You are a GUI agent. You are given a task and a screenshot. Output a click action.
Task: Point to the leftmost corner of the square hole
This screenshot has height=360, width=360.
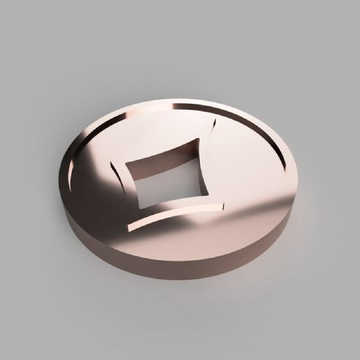coord(125,163)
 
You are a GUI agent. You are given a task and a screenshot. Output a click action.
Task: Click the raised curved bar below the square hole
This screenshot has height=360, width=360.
coord(177,214)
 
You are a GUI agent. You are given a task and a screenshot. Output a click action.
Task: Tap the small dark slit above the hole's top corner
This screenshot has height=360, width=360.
coord(214,124)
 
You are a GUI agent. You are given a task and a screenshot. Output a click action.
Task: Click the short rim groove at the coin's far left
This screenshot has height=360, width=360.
coord(71,174)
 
